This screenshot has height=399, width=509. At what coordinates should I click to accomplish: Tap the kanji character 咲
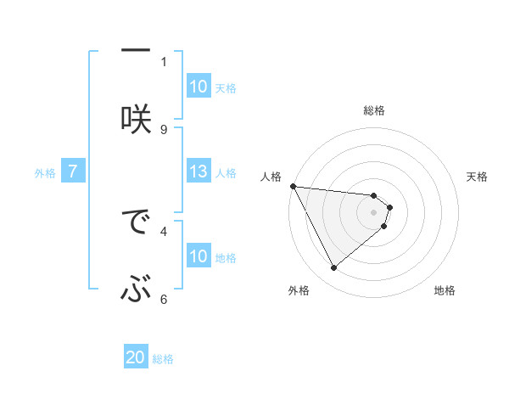[x=136, y=116]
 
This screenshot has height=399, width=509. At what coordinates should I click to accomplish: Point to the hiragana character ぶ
[x=136, y=290]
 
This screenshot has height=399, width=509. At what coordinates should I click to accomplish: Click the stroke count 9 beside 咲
[x=164, y=129]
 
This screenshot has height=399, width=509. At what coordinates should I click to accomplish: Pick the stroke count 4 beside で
[x=164, y=230]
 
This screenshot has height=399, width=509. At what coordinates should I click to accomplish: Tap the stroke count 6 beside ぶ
[x=164, y=299]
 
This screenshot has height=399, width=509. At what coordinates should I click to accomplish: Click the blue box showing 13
[x=199, y=171]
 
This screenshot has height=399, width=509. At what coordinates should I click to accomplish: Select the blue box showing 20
[x=136, y=358]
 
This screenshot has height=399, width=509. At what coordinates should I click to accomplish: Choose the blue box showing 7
[x=73, y=172]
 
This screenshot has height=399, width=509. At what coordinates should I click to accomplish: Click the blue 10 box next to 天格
[x=199, y=87]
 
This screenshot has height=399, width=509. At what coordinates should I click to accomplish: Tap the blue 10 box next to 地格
[x=199, y=256]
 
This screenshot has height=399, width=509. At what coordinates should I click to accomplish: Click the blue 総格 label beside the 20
[x=163, y=359]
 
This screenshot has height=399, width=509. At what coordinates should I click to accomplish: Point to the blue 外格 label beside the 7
[x=45, y=173]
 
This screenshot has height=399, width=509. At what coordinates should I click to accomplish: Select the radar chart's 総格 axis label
[x=373, y=110]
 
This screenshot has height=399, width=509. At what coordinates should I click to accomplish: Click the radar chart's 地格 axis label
[x=445, y=290]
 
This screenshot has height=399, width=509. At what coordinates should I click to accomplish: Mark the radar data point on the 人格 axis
[x=293, y=186]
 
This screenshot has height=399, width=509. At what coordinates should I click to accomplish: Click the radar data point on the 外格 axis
[x=333, y=267]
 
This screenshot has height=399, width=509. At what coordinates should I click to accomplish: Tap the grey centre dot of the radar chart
[x=373, y=211]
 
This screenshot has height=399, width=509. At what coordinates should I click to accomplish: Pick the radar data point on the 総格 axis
[x=373, y=196]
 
